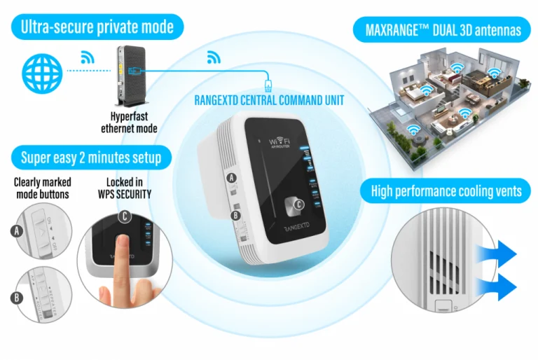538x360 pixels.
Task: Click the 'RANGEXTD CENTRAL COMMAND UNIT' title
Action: click(269, 100)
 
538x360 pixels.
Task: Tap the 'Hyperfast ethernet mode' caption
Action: click(134, 123)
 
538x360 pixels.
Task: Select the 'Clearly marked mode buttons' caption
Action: click(41, 187)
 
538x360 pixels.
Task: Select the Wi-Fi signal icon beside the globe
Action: click(88, 57)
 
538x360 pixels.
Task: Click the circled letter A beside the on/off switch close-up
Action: click(15, 230)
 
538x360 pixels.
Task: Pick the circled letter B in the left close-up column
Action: click(15, 297)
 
